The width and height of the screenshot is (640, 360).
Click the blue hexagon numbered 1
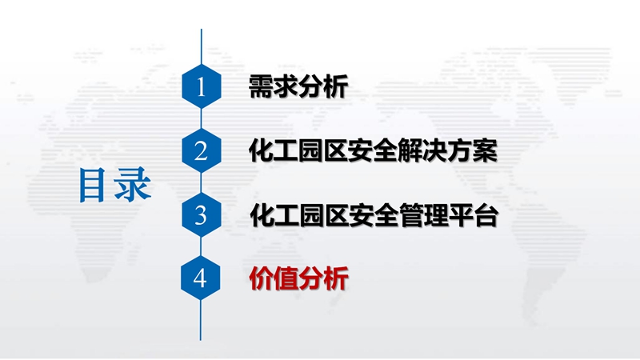[202, 86]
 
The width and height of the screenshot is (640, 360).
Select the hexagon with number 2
[202, 150]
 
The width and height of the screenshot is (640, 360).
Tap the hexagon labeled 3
[202, 214]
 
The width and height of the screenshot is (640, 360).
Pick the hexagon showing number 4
[201, 278]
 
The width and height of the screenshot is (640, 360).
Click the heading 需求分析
[298, 86]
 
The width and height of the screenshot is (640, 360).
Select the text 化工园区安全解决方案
[373, 150]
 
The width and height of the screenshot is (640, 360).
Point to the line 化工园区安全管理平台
[374, 215]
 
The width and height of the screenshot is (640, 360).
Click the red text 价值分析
[298, 278]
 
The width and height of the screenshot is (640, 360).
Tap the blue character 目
[92, 186]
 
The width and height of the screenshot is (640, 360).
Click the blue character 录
[132, 185]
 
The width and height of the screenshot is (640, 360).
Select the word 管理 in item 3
[424, 215]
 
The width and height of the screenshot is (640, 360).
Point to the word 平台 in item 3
[474, 215]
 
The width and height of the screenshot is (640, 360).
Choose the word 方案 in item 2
[473, 150]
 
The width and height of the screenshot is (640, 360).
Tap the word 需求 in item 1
[274, 86]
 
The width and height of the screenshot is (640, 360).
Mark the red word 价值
[274, 278]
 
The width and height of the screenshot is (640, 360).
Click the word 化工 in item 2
[274, 150]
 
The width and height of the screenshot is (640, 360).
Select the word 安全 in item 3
[374, 215]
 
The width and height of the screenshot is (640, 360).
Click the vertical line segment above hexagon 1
[202, 46]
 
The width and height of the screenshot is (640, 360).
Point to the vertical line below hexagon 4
[201, 321]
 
